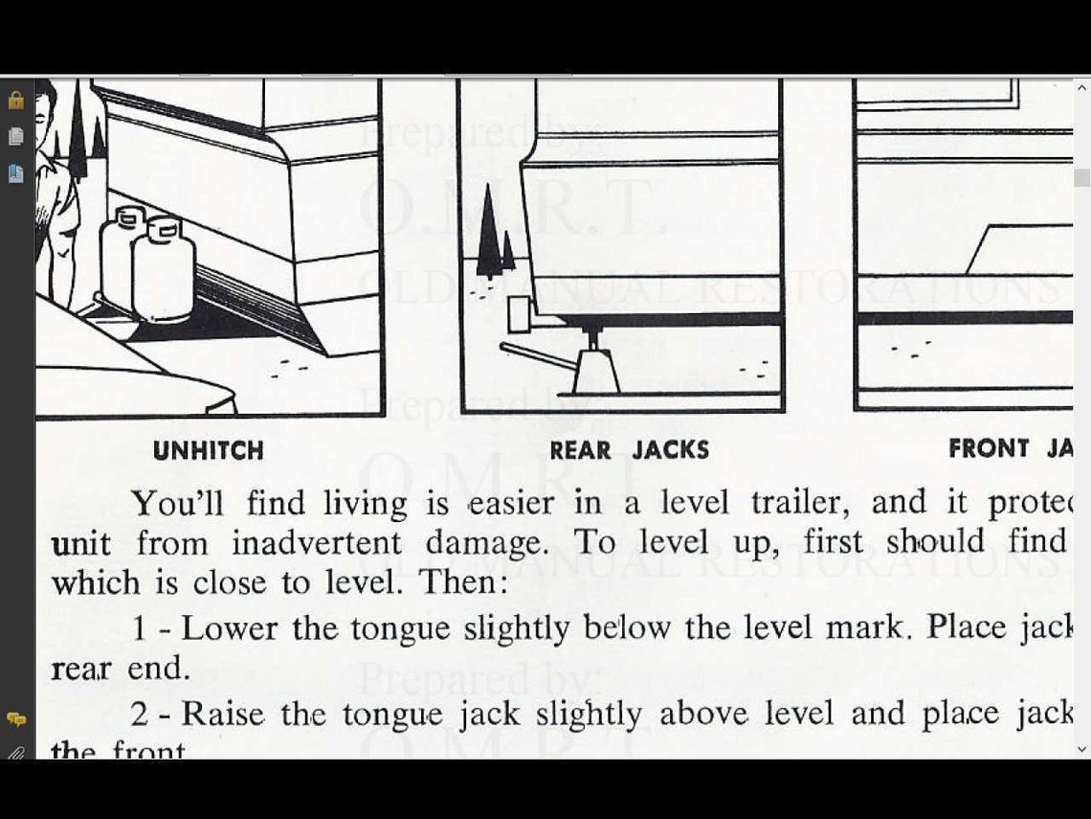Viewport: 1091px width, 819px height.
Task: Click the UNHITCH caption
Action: click(208, 450)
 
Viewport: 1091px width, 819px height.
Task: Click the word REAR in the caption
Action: click(580, 450)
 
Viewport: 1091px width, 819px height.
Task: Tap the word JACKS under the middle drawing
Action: click(670, 450)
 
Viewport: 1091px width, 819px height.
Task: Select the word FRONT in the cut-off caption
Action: click(988, 448)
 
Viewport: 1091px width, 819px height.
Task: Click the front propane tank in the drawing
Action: click(164, 270)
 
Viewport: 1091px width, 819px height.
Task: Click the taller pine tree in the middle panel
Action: click(489, 233)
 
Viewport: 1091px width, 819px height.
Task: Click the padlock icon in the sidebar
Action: click(15, 100)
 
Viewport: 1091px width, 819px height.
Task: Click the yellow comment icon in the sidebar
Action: click(15, 718)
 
